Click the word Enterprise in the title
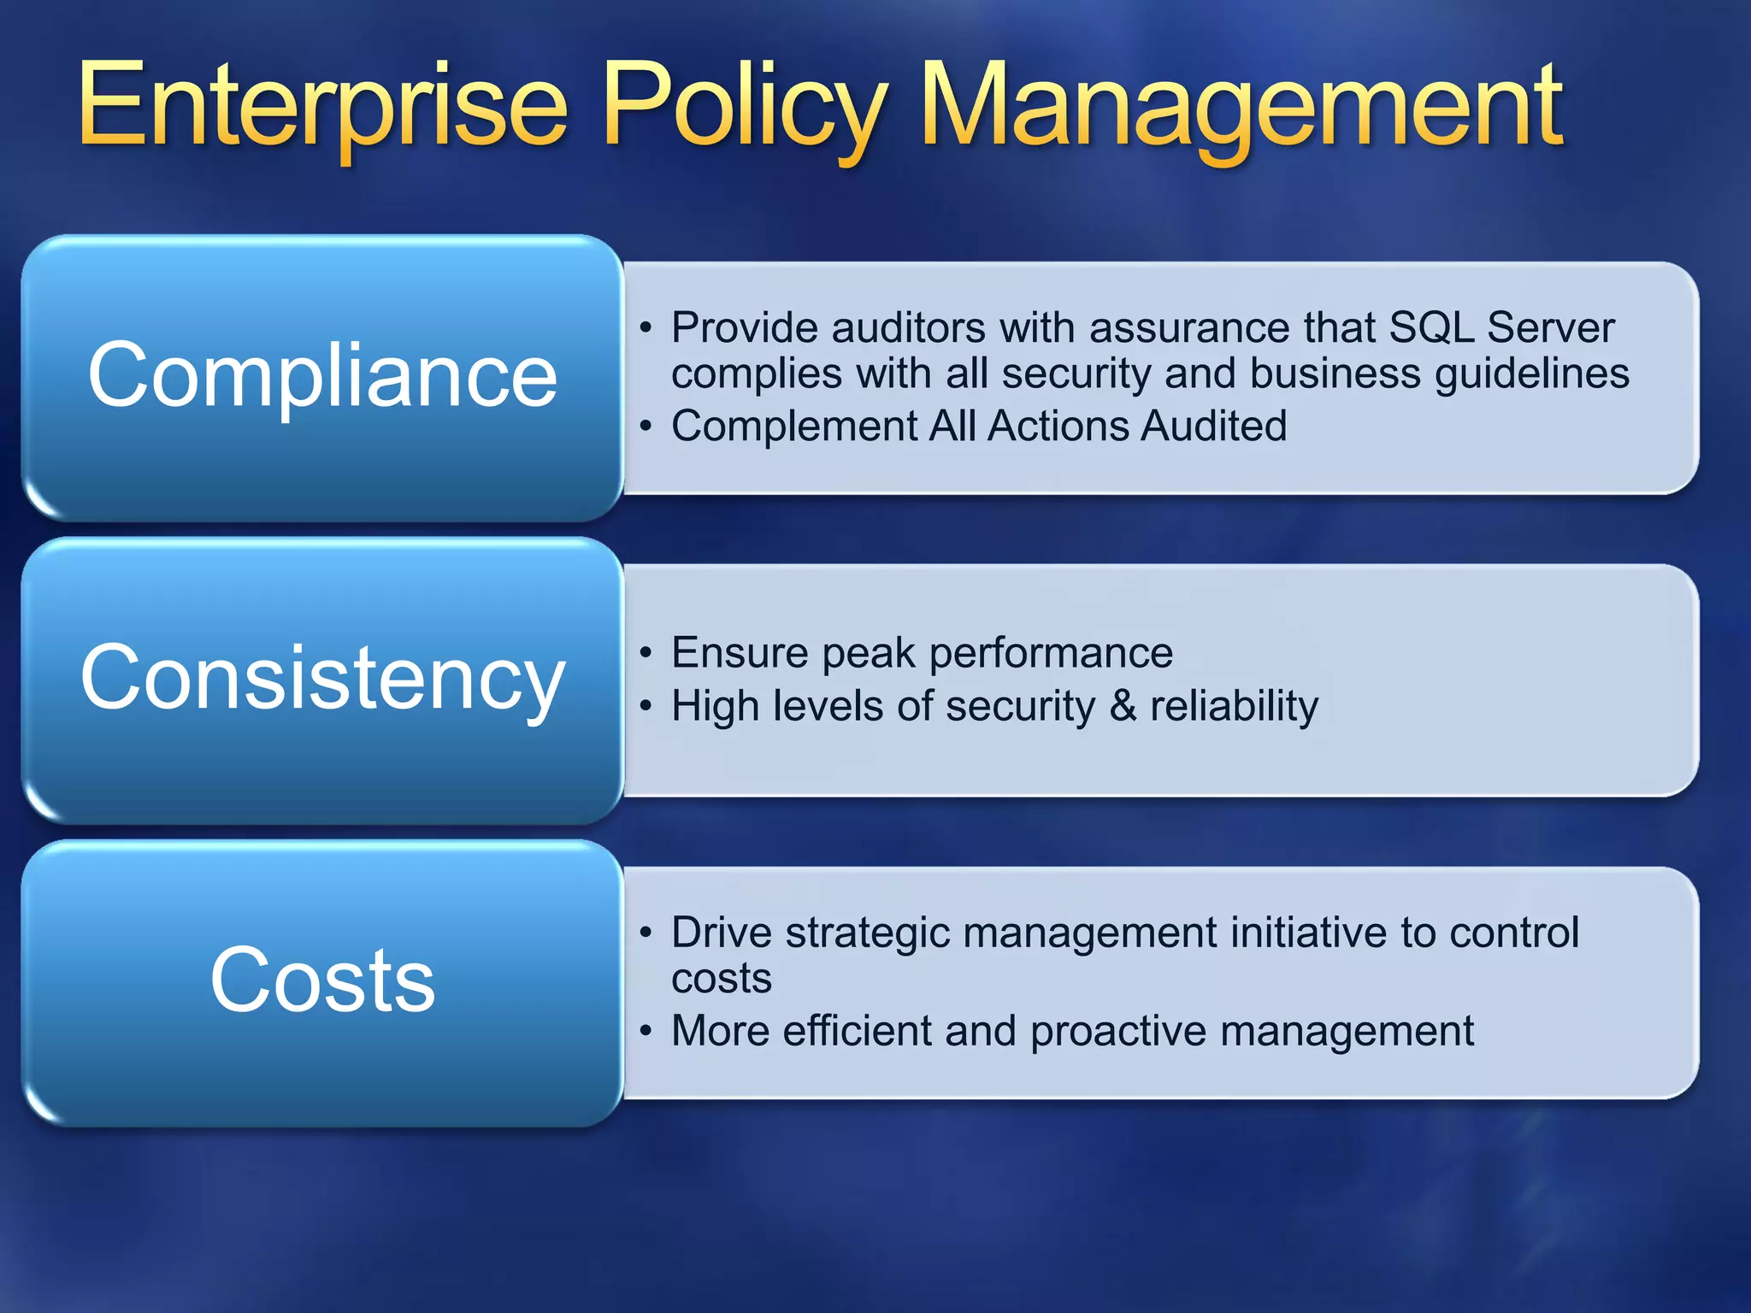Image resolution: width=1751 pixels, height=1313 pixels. click(323, 107)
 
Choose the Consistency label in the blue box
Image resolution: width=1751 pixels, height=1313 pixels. click(322, 677)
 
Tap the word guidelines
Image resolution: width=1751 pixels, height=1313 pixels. click(1532, 374)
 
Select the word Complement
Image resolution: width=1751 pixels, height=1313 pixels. click(793, 426)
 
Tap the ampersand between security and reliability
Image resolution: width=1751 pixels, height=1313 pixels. click(1123, 706)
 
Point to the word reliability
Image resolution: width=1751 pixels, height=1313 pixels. click(1234, 706)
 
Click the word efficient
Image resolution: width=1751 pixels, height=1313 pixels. click(857, 1031)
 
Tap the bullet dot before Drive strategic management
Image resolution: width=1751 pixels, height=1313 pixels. click(646, 933)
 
